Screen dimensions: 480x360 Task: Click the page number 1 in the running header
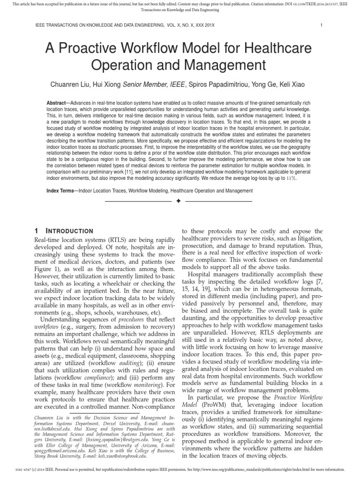pyautogui.click(x=320, y=25)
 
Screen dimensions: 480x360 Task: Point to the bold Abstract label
pyautogui.click(x=56, y=103)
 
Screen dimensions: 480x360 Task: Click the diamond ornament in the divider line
pyautogui.click(x=178, y=201)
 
